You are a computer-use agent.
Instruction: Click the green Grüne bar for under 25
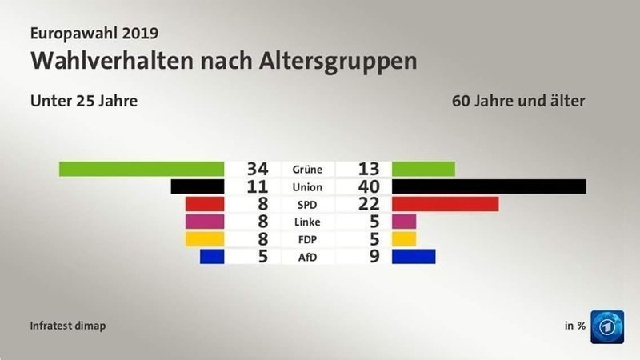[142, 169]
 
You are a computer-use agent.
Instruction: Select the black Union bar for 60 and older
[489, 186]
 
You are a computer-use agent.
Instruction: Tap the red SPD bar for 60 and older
[445, 204]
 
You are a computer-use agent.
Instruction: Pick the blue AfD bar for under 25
[211, 256]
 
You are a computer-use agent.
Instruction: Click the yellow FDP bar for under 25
[204, 238]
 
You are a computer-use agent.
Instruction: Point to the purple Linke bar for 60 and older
[404, 221]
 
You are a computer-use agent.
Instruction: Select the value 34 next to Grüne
[257, 169]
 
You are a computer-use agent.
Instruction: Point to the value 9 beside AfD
[374, 256]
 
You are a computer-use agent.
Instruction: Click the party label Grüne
[307, 170]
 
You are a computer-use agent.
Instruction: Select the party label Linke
[307, 222]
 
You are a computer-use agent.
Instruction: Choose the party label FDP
[307, 239]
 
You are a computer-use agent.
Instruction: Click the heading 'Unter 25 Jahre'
[84, 102]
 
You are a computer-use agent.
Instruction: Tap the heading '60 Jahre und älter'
[518, 102]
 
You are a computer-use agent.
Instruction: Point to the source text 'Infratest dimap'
[68, 326]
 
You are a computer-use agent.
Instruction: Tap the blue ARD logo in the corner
[607, 326]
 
